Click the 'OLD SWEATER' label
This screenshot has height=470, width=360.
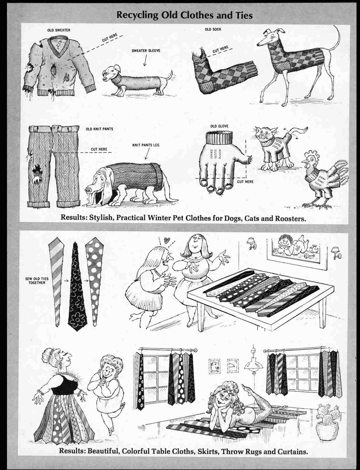point(59,30)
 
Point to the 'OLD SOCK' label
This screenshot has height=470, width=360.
point(213,29)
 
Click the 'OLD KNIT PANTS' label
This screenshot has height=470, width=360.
point(99,129)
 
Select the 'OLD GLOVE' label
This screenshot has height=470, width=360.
point(219,126)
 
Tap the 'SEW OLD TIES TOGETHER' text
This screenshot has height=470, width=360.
point(37,281)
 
